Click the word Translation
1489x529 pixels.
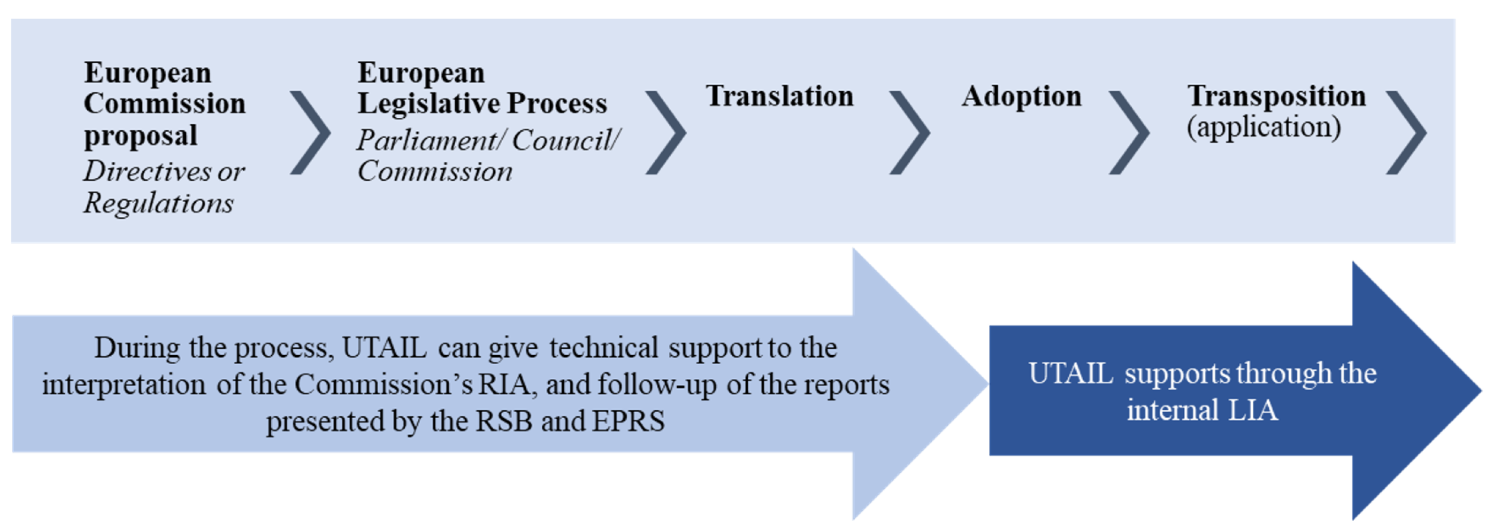(779, 96)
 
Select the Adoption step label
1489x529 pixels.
(1021, 96)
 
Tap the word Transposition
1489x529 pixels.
(1276, 96)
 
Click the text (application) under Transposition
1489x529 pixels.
(1264, 127)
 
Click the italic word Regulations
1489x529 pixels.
(159, 203)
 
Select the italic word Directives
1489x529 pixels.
(147, 171)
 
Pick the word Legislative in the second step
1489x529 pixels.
(429, 104)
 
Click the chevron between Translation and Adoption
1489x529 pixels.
(910, 133)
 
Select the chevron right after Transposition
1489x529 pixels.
(1406, 133)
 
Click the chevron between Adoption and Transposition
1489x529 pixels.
(1129, 133)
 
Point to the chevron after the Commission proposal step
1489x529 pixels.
(310, 133)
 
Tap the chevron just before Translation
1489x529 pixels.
(666, 133)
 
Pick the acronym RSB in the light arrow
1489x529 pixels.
(503, 421)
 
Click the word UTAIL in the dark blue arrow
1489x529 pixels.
(1071, 373)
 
